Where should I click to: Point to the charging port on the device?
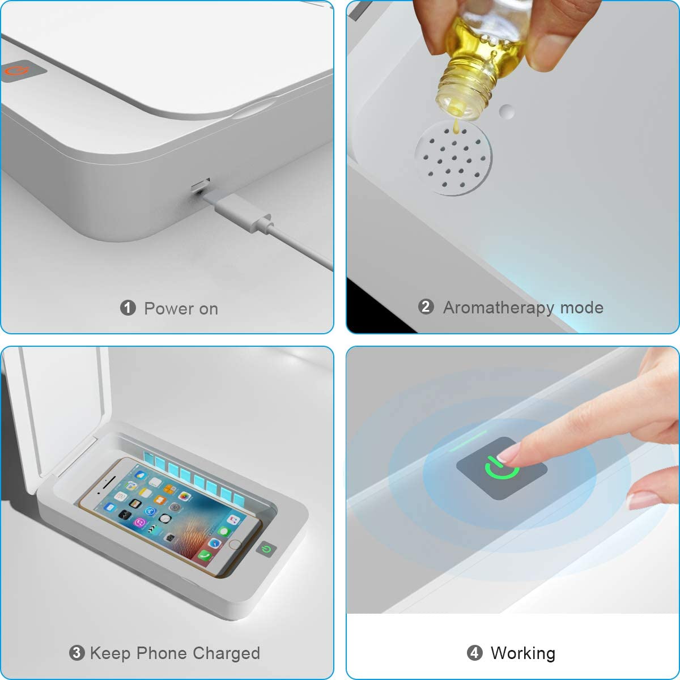[x=201, y=185]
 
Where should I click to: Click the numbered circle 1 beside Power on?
[x=127, y=308]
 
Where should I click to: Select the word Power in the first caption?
[x=169, y=309]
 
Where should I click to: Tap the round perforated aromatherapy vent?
[x=453, y=158]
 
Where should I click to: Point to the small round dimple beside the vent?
[x=507, y=111]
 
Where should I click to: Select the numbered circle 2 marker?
[x=426, y=307]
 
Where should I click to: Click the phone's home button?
[x=234, y=545]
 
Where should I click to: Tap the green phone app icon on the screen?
[x=205, y=556]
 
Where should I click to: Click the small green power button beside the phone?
[x=266, y=549]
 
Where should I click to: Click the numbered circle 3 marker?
[x=77, y=653]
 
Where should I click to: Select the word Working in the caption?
[x=523, y=653]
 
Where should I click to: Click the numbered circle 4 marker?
[x=475, y=653]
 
